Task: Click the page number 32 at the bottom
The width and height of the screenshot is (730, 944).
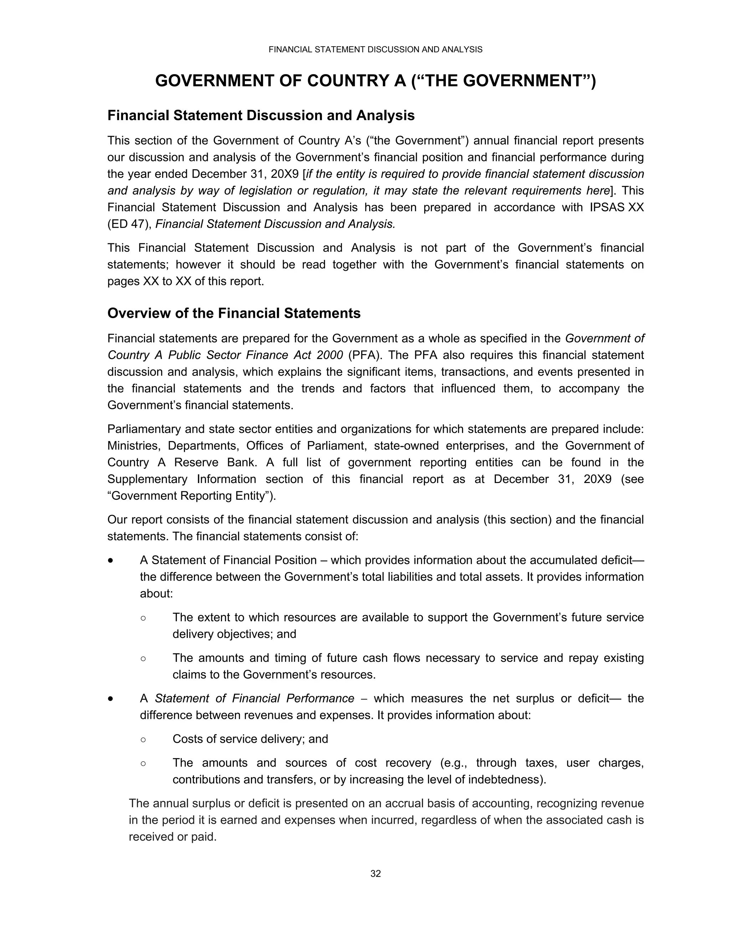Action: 375,873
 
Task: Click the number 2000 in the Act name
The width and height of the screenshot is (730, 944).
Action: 330,355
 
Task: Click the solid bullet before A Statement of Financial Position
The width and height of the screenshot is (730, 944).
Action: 111,561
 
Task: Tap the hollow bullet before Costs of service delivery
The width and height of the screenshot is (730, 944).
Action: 143,739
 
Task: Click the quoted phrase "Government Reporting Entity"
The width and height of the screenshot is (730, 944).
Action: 191,496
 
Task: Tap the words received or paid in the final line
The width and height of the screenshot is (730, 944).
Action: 173,837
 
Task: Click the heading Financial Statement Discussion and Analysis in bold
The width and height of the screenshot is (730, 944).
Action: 261,115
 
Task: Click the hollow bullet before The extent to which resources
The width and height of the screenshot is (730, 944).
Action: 143,618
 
